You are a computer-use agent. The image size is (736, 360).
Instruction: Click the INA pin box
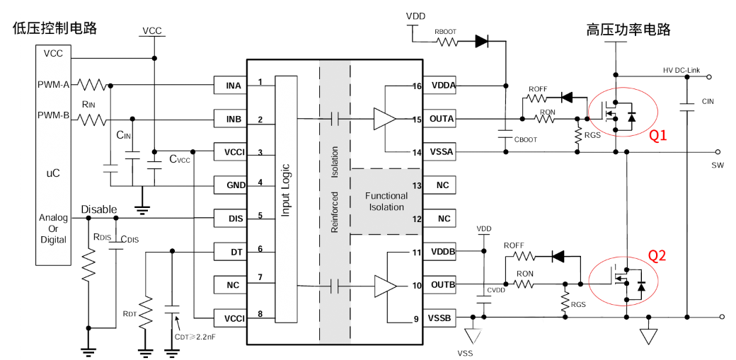[x=233, y=86]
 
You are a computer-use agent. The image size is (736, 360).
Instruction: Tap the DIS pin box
[x=233, y=219]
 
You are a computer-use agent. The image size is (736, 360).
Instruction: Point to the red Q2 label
[x=657, y=256]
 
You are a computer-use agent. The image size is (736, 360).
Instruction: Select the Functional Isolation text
[x=386, y=202]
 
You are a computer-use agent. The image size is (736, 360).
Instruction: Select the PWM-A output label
[x=53, y=85]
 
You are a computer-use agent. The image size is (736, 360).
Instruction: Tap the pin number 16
[x=416, y=86]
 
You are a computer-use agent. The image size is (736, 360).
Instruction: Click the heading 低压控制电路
[x=54, y=28]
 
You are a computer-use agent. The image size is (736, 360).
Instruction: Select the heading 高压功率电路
[x=628, y=30]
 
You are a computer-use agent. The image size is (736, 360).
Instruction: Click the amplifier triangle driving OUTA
[x=384, y=119]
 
